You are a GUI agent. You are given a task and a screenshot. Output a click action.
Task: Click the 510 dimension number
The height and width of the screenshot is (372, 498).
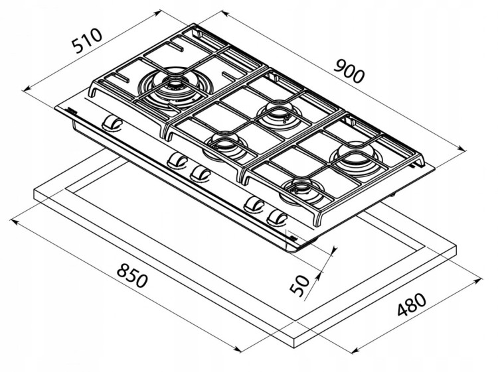pyautogui.click(x=87, y=40)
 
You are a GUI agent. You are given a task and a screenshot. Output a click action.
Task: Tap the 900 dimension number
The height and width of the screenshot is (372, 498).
pyautogui.click(x=349, y=72)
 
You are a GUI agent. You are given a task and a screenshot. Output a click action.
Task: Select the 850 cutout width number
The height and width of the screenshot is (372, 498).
pyautogui.click(x=132, y=276)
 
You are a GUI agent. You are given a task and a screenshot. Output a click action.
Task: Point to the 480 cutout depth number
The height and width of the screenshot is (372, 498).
pyautogui.click(x=412, y=305)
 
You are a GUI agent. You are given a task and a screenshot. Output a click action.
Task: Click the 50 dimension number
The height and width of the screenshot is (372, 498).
pyautogui.click(x=299, y=285)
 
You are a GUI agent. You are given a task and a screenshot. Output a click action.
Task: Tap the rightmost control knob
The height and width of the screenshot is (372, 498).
pyautogui.click(x=277, y=218)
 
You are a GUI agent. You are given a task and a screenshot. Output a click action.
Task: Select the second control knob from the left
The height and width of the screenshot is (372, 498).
pyautogui.click(x=177, y=160)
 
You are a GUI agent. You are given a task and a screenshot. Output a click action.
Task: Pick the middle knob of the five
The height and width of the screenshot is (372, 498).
pyautogui.click(x=201, y=173)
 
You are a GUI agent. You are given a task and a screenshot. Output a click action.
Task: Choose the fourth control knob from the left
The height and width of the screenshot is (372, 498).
pyautogui.click(x=254, y=204)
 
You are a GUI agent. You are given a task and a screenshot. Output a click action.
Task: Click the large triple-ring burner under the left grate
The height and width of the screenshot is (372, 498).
pyautogui.click(x=175, y=88)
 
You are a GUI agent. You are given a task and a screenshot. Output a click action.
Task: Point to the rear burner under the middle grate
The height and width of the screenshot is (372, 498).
pyautogui.click(x=279, y=117)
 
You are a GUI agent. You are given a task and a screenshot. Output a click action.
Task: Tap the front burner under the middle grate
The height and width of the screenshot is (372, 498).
pyautogui.click(x=225, y=147)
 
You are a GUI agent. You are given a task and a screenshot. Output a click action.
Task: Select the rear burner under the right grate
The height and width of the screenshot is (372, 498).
pyautogui.click(x=355, y=158)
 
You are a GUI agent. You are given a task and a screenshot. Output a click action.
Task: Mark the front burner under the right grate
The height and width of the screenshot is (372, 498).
pyautogui.click(x=301, y=191)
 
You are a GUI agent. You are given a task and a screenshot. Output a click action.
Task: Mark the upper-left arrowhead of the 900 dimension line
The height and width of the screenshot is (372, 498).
pyautogui.click(x=224, y=14)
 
